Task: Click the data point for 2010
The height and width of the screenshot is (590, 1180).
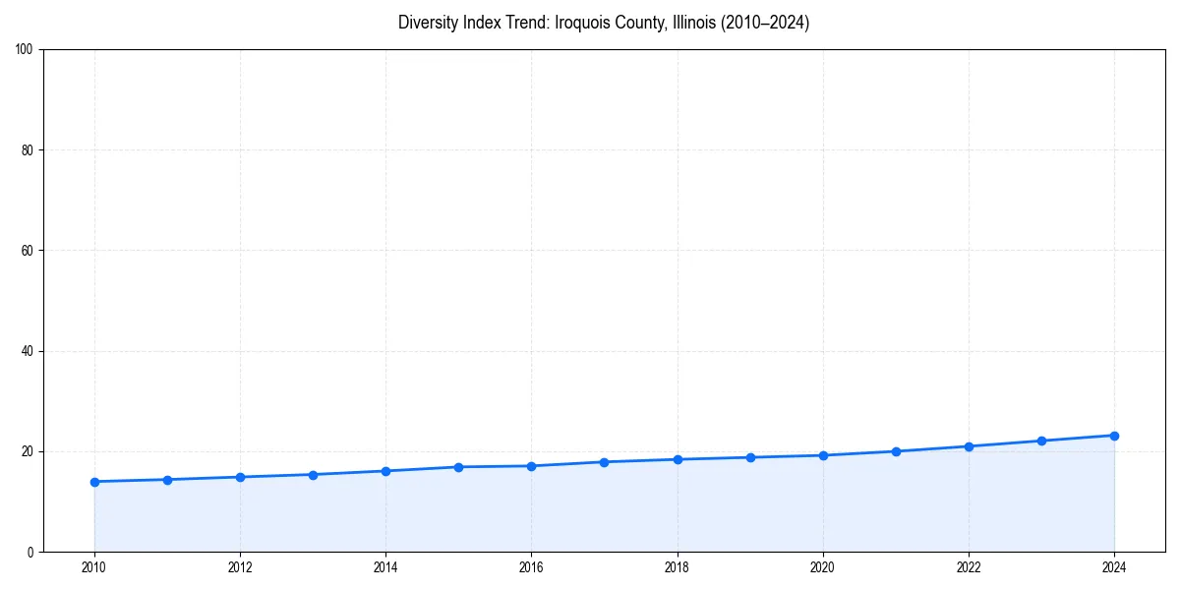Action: click(x=94, y=482)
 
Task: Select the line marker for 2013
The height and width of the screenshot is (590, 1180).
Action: click(x=313, y=475)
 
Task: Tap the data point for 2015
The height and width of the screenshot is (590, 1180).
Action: click(x=458, y=467)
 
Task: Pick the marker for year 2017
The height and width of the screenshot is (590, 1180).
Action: click(x=604, y=462)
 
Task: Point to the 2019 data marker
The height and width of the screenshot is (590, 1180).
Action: click(x=750, y=457)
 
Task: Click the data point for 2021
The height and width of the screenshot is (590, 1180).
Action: click(x=896, y=451)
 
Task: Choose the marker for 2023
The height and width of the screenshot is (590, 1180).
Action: click(x=1041, y=441)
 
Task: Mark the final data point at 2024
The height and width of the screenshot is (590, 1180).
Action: click(x=1114, y=436)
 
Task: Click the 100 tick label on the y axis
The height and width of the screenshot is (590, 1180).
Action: click(x=25, y=49)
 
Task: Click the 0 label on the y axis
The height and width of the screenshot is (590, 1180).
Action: click(x=30, y=552)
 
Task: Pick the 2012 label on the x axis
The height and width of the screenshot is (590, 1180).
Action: click(x=240, y=567)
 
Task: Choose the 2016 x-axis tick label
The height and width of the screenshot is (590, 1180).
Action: click(x=531, y=567)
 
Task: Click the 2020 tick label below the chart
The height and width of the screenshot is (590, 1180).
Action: click(x=823, y=567)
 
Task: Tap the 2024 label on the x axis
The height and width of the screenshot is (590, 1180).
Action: click(x=1114, y=567)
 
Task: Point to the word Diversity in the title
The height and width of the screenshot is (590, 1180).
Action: click(x=427, y=23)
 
